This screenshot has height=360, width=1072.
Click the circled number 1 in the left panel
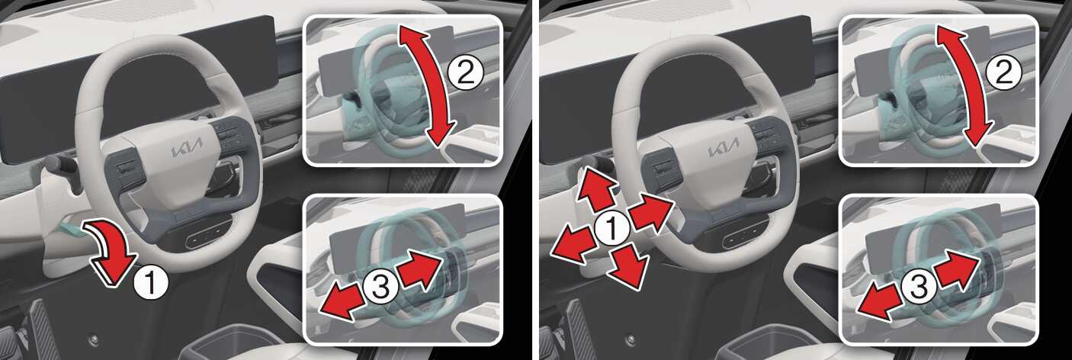150,282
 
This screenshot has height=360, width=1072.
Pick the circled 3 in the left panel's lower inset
380,288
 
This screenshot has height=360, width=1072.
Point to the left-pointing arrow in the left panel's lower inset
342,301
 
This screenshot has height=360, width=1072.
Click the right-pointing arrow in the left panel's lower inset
421,269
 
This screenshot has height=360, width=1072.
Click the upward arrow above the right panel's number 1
595,188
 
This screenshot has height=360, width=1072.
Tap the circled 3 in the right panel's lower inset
919,288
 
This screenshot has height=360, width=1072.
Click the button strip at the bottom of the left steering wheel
207,237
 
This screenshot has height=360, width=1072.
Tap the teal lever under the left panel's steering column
72,224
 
